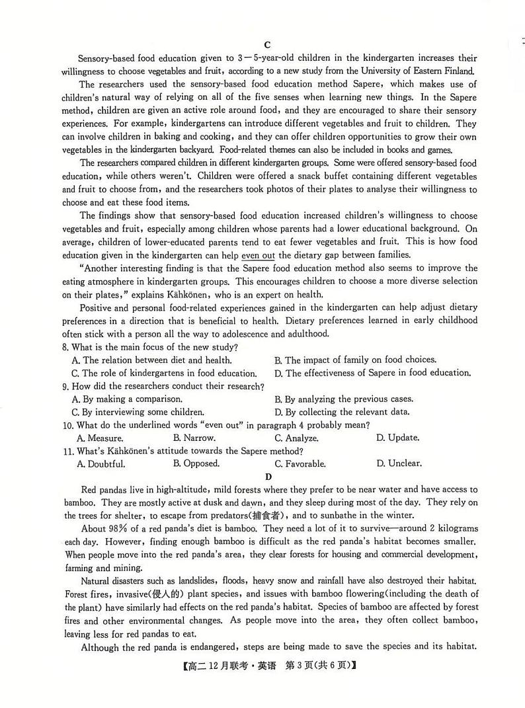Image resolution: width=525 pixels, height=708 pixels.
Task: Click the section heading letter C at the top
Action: (267, 45)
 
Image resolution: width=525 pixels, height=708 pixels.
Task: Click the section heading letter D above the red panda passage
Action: (268, 476)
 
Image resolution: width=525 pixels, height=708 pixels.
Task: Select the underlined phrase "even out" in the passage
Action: (259, 255)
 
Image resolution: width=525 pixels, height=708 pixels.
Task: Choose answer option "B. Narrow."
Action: (194, 438)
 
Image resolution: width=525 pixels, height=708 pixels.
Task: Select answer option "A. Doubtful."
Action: (101, 464)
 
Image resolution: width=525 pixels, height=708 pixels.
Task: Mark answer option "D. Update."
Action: (397, 438)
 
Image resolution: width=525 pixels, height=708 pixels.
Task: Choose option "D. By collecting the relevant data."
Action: (342, 412)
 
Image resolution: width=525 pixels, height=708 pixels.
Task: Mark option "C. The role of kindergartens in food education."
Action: (163, 373)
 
